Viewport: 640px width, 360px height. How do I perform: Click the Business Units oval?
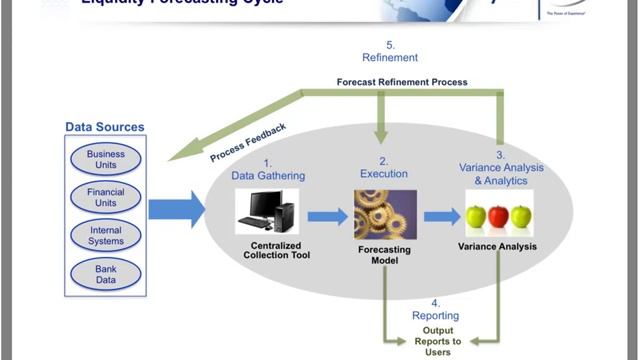105,160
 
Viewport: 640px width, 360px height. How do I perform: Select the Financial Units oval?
105,198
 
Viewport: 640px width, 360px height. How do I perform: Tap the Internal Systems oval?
105,236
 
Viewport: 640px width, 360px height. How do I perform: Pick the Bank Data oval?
105,274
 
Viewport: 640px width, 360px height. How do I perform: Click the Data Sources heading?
105,127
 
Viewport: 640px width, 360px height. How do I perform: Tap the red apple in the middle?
498,216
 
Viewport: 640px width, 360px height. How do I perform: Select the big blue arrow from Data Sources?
176,209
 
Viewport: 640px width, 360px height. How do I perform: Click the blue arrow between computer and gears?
326,216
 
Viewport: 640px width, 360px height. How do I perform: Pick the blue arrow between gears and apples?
441,216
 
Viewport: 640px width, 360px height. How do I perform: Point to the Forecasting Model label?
384,255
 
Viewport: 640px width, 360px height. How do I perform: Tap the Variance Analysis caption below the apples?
498,245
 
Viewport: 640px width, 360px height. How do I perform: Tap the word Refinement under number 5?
390,58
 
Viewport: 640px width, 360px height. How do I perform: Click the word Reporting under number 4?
435,315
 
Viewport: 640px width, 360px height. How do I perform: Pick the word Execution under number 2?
384,174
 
